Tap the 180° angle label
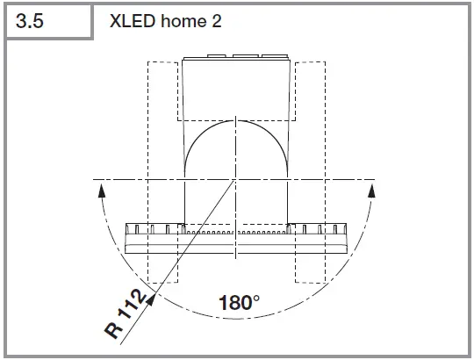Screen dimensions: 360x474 pyautogui.click(x=238, y=304)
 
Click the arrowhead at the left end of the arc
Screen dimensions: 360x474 pyautogui.click(x=101, y=187)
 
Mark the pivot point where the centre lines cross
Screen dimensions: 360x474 pyautogui.click(x=235, y=180)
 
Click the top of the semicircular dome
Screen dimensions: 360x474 pyautogui.click(x=235, y=120)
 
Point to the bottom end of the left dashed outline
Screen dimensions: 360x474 pyautogui.click(x=163, y=282)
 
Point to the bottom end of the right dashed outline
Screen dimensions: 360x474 pyautogui.click(x=309, y=282)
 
